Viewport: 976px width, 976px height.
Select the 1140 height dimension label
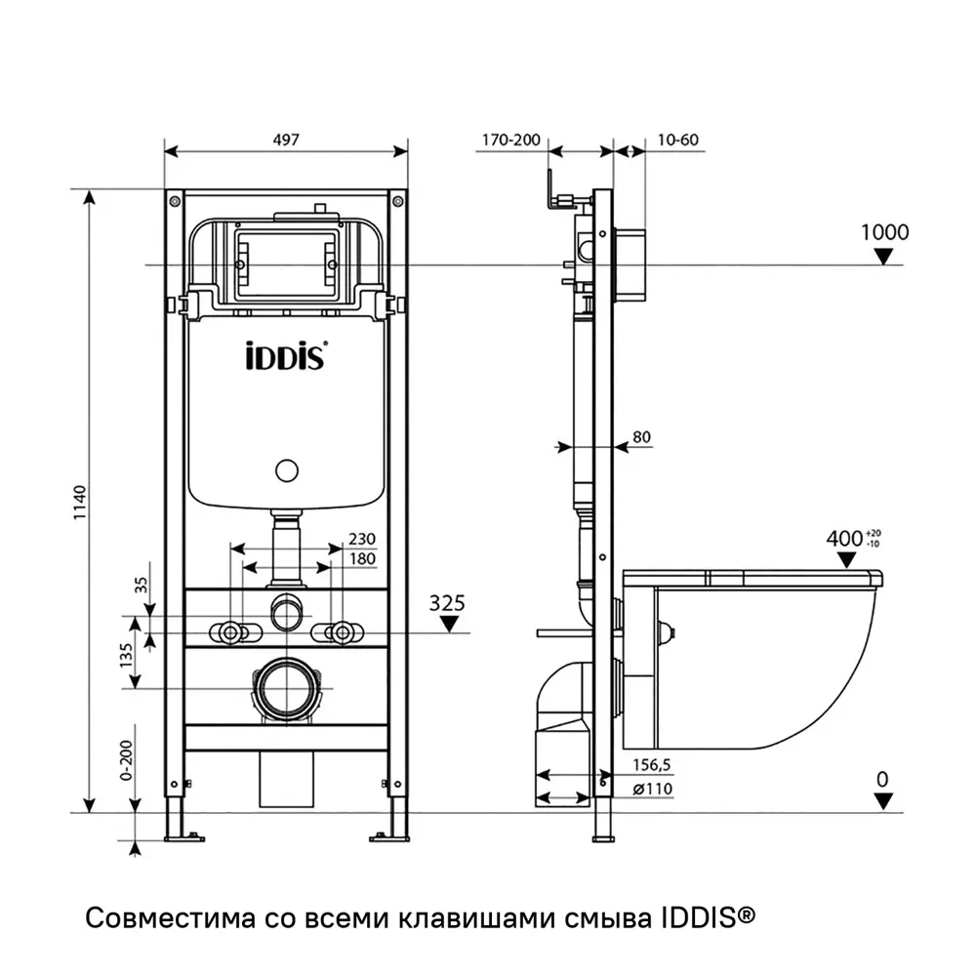[x=79, y=503]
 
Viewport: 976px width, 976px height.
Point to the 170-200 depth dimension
[x=509, y=140]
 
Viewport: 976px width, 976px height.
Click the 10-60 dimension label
[x=677, y=140]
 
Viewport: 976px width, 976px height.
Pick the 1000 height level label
[x=884, y=232]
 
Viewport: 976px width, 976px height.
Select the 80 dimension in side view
[x=641, y=437]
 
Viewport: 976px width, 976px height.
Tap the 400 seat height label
[x=845, y=537]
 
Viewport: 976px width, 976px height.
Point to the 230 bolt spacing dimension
[x=361, y=539]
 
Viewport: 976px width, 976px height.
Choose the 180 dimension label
[x=361, y=558]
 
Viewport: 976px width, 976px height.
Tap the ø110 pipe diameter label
[x=652, y=789]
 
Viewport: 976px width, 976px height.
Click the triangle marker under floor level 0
[x=882, y=800]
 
